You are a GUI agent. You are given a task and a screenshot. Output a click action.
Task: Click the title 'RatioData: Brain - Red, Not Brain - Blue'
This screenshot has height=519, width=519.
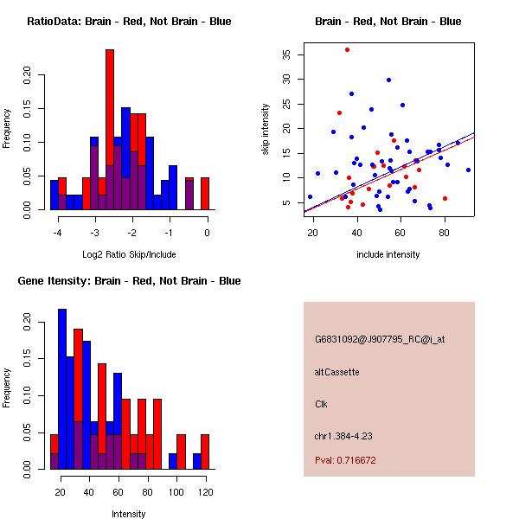[129, 22]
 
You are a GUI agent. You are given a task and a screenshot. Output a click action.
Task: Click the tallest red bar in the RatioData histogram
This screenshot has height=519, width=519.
[110, 130]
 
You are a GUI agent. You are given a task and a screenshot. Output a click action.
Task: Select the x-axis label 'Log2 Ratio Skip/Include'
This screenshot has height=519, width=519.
[129, 254]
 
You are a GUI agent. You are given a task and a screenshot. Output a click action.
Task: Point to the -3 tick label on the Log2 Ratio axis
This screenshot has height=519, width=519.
[95, 233]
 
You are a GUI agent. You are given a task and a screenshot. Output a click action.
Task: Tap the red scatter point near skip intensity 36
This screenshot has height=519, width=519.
[347, 49]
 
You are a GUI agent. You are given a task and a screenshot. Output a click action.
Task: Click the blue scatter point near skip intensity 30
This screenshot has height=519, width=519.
[389, 80]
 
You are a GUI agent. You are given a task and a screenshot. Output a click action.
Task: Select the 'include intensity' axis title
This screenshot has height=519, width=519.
[388, 254]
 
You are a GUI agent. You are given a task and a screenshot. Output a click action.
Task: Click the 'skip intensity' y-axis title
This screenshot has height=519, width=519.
[266, 129]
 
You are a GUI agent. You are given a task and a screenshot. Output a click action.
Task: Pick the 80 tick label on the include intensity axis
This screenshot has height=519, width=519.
[445, 233]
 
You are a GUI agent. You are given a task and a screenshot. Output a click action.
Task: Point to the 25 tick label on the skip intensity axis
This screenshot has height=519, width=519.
[286, 104]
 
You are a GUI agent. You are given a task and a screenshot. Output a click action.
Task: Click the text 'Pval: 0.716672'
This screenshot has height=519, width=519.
[345, 460]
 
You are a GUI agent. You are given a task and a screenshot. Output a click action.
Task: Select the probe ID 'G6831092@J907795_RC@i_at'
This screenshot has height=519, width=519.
[380, 340]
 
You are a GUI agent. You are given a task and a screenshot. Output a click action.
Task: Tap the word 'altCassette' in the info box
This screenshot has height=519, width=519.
[337, 372]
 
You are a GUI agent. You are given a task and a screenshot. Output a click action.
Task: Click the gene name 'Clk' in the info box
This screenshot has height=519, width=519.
[321, 404]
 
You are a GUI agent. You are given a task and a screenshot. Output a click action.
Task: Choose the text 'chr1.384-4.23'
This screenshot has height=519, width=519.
[343, 436]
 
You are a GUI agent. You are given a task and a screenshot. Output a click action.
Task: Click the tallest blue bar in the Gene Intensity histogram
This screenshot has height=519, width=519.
[62, 389]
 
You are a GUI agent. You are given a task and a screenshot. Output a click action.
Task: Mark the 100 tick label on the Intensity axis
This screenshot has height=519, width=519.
[176, 492]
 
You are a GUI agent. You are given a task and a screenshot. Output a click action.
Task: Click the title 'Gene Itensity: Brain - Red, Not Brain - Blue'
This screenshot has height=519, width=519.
[129, 281]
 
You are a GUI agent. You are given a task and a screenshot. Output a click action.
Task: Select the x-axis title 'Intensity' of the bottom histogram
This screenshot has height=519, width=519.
[128, 514]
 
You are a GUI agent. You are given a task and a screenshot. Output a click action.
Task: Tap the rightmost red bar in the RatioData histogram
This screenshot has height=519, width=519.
[205, 194]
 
